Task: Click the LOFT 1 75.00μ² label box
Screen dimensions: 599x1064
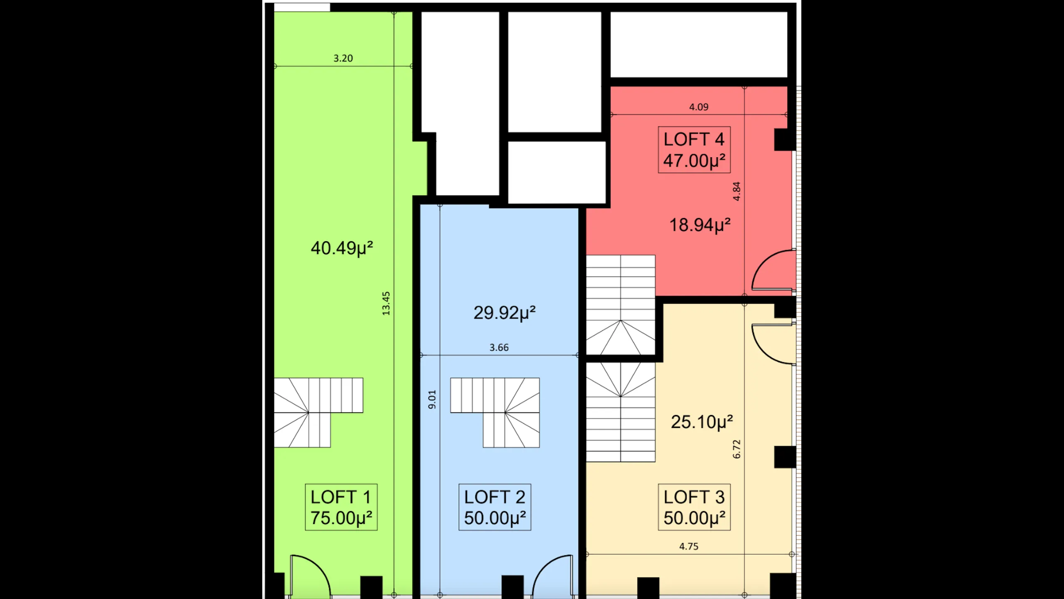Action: tap(341, 507)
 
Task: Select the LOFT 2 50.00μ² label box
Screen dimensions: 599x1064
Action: tap(495, 507)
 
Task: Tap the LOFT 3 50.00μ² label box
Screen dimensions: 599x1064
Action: tap(694, 507)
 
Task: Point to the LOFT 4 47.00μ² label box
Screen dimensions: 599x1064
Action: tap(694, 150)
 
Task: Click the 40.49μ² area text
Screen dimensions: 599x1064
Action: tap(342, 248)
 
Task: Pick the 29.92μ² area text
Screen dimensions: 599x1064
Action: tap(505, 313)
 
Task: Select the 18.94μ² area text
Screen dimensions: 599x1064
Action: tap(700, 225)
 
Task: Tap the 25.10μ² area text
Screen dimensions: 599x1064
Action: tap(702, 422)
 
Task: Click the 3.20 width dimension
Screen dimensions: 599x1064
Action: tap(343, 58)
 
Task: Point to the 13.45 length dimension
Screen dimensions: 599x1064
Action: tap(386, 303)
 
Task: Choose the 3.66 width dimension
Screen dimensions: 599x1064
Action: tap(499, 347)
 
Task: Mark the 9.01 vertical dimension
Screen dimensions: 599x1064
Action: tap(432, 399)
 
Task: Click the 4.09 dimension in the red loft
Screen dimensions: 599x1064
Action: tap(699, 107)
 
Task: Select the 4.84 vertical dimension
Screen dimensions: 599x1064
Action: tap(736, 191)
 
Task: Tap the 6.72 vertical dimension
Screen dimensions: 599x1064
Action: tap(736, 449)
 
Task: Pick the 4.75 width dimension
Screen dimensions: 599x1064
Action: tap(689, 546)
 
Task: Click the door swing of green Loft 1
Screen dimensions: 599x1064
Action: tap(310, 576)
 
